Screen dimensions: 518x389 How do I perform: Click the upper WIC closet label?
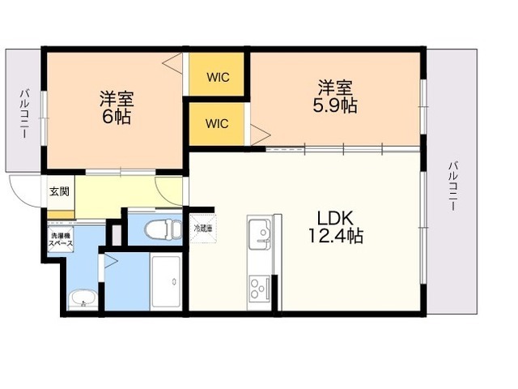(218, 78)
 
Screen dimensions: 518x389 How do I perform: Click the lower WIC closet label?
(217, 124)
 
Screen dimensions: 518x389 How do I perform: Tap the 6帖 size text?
(117, 116)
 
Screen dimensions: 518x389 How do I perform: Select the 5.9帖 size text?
(334, 105)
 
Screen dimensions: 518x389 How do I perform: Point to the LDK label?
(336, 218)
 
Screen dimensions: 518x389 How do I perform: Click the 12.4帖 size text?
(336, 236)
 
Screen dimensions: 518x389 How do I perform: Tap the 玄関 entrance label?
(59, 191)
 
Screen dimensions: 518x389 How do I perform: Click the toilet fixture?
(163, 229)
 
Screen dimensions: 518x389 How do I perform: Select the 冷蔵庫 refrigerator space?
(203, 229)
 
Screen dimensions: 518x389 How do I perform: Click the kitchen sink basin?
(260, 234)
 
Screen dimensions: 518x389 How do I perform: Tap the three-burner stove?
(260, 289)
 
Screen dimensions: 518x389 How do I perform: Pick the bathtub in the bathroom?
(166, 282)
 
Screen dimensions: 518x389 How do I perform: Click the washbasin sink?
(83, 299)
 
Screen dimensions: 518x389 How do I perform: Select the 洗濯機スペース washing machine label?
(61, 240)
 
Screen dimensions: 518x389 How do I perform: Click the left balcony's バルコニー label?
(24, 113)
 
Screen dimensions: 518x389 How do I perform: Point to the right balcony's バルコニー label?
(453, 186)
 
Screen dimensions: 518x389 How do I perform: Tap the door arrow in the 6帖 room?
(173, 63)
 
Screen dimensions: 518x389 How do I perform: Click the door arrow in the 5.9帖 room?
(261, 135)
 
